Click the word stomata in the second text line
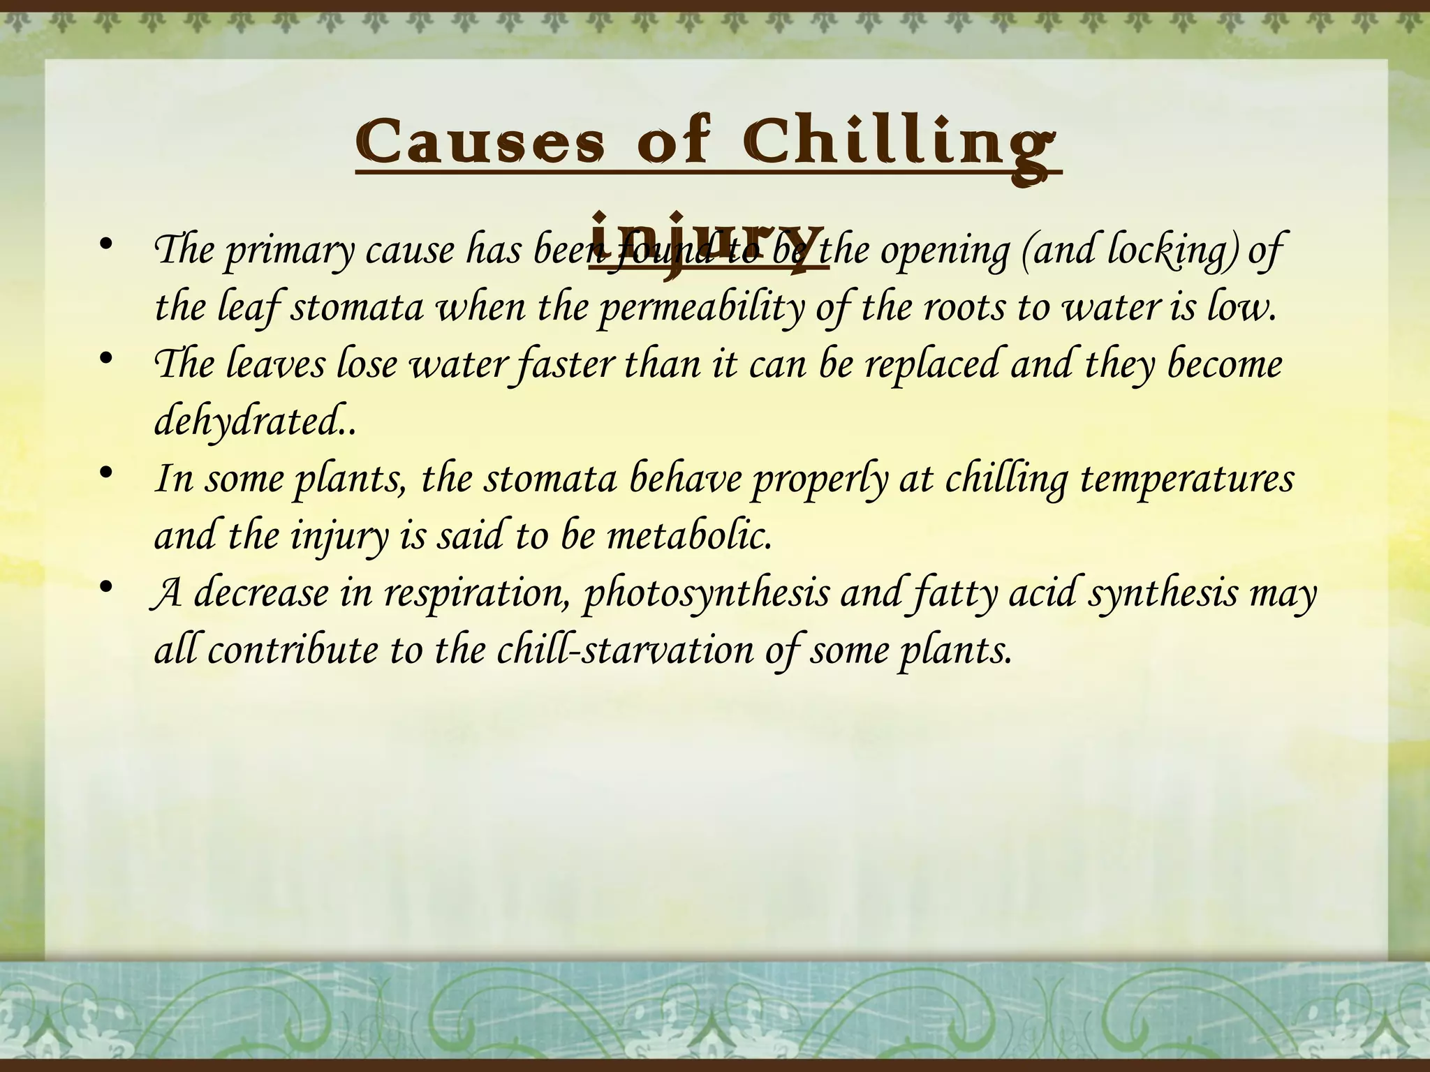click(x=356, y=308)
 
